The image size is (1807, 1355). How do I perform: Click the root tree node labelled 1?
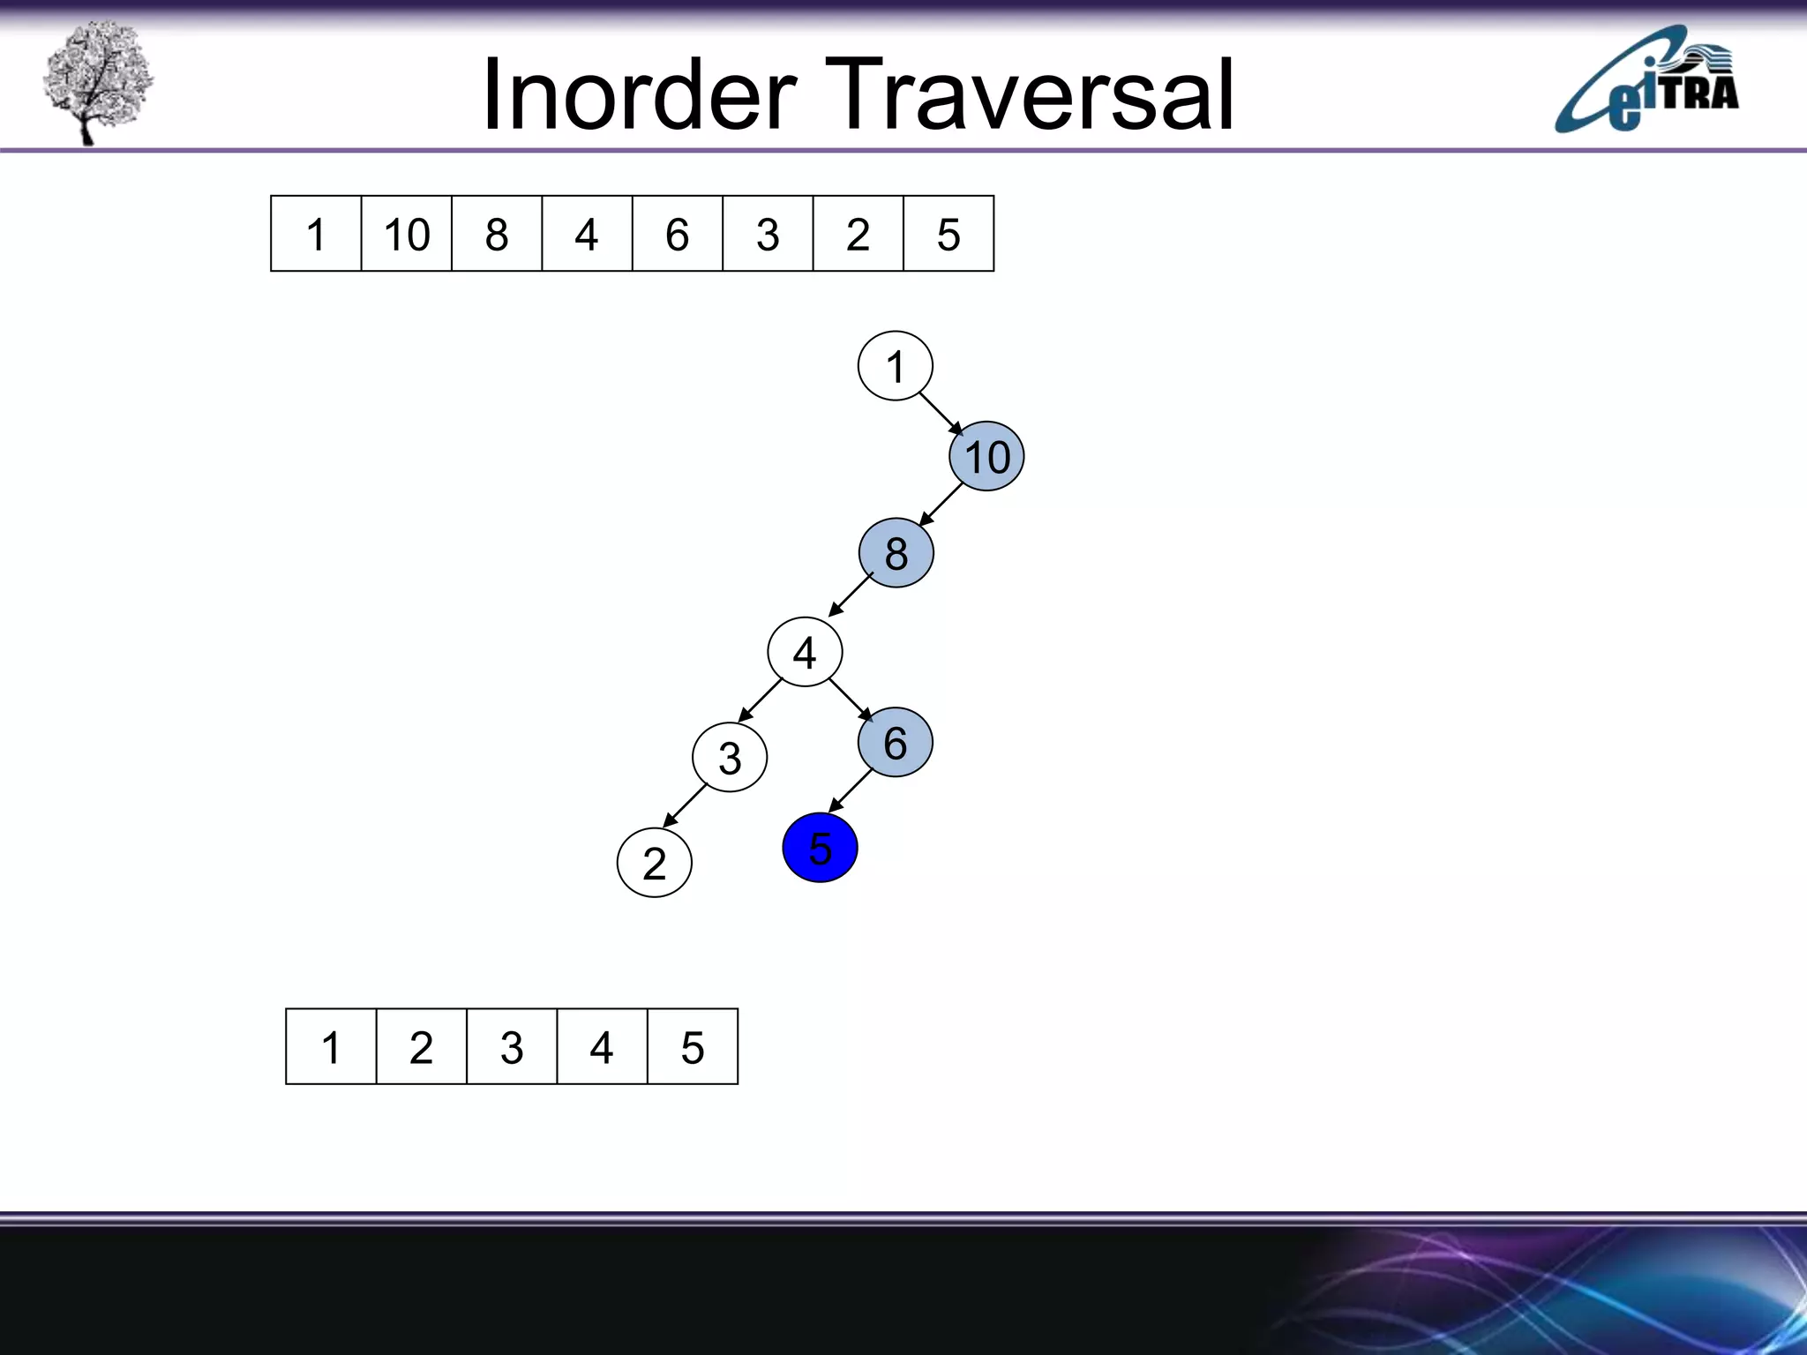point(895,366)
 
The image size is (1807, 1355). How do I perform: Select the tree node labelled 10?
point(986,457)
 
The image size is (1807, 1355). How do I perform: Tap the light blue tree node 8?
point(896,553)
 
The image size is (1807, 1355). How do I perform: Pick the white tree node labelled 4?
point(805,653)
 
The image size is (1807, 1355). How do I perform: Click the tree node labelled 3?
point(730,758)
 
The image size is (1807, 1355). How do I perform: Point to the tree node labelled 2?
point(654,863)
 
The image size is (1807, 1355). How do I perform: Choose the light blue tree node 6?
point(895,743)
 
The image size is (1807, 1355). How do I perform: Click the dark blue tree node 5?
point(820,848)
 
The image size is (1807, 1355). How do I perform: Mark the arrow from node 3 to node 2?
point(686,805)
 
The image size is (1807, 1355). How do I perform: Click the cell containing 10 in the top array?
point(406,234)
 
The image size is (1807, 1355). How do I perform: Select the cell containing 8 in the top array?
point(497,234)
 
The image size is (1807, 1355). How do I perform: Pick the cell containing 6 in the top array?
point(677,234)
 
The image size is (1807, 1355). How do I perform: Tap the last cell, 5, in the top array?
point(948,234)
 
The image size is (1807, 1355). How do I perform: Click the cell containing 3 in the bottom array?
point(512,1047)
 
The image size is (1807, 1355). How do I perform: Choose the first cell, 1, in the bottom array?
point(331,1047)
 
